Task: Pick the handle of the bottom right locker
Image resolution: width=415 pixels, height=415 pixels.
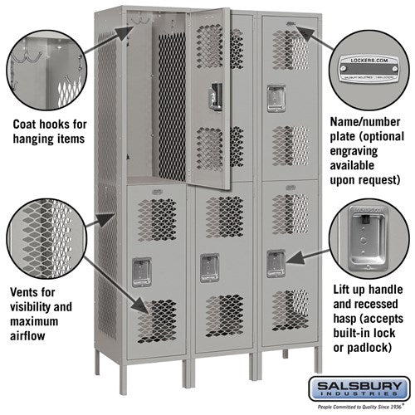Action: click(275, 263)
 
